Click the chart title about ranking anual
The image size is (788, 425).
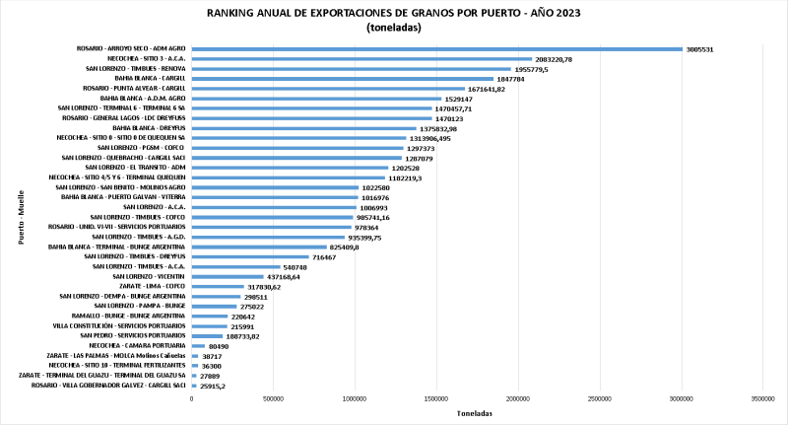[393, 14]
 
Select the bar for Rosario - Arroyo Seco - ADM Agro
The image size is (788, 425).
[436, 49]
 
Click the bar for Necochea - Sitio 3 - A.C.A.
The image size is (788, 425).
[361, 59]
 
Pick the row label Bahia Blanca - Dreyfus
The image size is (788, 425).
[149, 128]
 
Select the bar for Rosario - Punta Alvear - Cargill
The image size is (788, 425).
[328, 89]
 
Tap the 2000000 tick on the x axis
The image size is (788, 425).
[518, 398]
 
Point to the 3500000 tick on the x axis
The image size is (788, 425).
[762, 398]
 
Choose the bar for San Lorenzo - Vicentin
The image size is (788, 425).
[228, 276]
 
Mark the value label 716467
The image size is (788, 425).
[325, 256]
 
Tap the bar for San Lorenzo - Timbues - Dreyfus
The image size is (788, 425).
[250, 256]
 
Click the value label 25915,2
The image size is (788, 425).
[214, 385]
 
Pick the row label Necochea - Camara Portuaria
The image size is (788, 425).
[137, 345]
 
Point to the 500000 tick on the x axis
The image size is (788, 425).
[274, 398]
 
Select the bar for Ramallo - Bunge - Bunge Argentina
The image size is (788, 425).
[210, 316]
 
